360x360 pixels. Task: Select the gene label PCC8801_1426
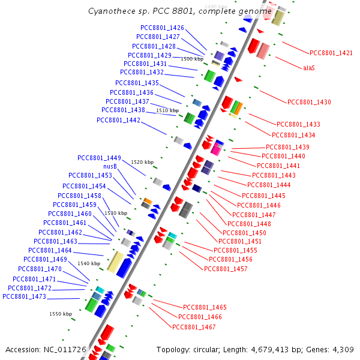(x=162, y=28)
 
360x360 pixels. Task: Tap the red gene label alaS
(x=308, y=68)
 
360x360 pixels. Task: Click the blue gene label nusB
(x=110, y=167)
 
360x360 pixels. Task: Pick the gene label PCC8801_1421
(x=331, y=53)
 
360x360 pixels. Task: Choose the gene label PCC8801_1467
(x=194, y=327)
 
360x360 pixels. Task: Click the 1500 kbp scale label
(x=192, y=59)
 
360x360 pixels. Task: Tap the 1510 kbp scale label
(x=167, y=111)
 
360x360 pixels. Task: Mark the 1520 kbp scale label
(x=142, y=163)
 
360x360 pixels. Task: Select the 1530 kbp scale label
(x=116, y=214)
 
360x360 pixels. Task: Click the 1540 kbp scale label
(x=89, y=264)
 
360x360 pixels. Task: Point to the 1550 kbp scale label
(x=61, y=314)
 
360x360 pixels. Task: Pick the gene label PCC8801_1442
(x=118, y=121)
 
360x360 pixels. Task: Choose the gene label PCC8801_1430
(x=309, y=103)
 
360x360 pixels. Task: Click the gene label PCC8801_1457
(x=226, y=269)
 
